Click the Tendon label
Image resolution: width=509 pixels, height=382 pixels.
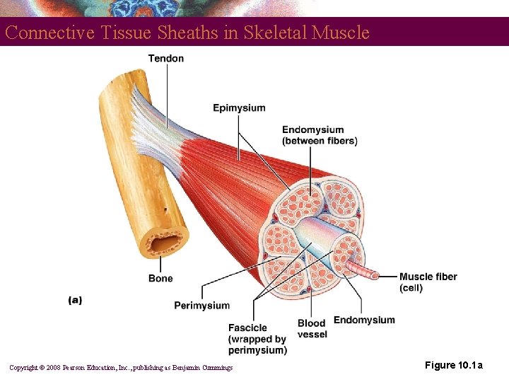(x=165, y=58)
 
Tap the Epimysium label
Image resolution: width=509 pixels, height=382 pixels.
(x=239, y=108)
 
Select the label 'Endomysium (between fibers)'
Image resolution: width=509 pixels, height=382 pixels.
(x=320, y=135)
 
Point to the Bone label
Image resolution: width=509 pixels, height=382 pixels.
(x=160, y=279)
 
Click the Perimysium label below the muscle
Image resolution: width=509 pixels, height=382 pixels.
(x=201, y=306)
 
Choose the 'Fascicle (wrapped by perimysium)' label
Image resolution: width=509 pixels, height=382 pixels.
(x=257, y=339)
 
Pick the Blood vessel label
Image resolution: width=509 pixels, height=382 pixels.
(x=312, y=329)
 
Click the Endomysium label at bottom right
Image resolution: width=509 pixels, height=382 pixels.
(x=364, y=320)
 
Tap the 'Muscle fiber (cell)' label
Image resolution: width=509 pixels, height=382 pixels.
(x=428, y=282)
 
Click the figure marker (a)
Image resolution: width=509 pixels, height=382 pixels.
(x=75, y=300)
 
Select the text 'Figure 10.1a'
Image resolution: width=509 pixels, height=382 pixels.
(x=454, y=365)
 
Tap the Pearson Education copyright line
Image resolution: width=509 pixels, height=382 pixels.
(x=120, y=367)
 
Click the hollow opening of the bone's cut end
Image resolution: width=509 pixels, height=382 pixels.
(x=166, y=245)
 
